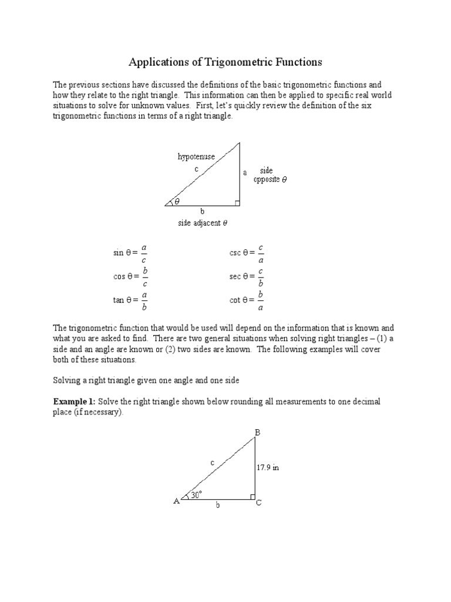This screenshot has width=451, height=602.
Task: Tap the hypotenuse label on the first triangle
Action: pos(196,156)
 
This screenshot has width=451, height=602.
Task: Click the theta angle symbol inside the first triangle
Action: pos(176,202)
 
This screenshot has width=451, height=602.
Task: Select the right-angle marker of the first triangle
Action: pos(237,203)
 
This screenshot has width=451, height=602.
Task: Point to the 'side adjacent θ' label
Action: pos(203,223)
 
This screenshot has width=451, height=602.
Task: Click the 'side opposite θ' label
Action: pos(270,175)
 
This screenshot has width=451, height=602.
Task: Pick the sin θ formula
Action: pos(130,253)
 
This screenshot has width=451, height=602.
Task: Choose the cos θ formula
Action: pos(130,276)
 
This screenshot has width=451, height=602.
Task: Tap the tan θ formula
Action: pos(130,300)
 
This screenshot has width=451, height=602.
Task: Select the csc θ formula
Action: pos(246,253)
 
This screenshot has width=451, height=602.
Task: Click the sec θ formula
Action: pos(246,276)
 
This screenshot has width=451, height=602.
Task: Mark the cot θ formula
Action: pos(246,300)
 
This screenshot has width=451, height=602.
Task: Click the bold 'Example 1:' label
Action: pos(74,402)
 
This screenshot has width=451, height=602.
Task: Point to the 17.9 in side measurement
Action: pos(267,468)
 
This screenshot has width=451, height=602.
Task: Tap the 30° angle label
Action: pos(196,495)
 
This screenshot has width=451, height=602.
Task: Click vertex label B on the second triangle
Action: pos(257,433)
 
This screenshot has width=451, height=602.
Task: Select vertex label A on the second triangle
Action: pos(176,501)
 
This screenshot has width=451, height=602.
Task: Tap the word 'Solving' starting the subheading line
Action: pos(66,380)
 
